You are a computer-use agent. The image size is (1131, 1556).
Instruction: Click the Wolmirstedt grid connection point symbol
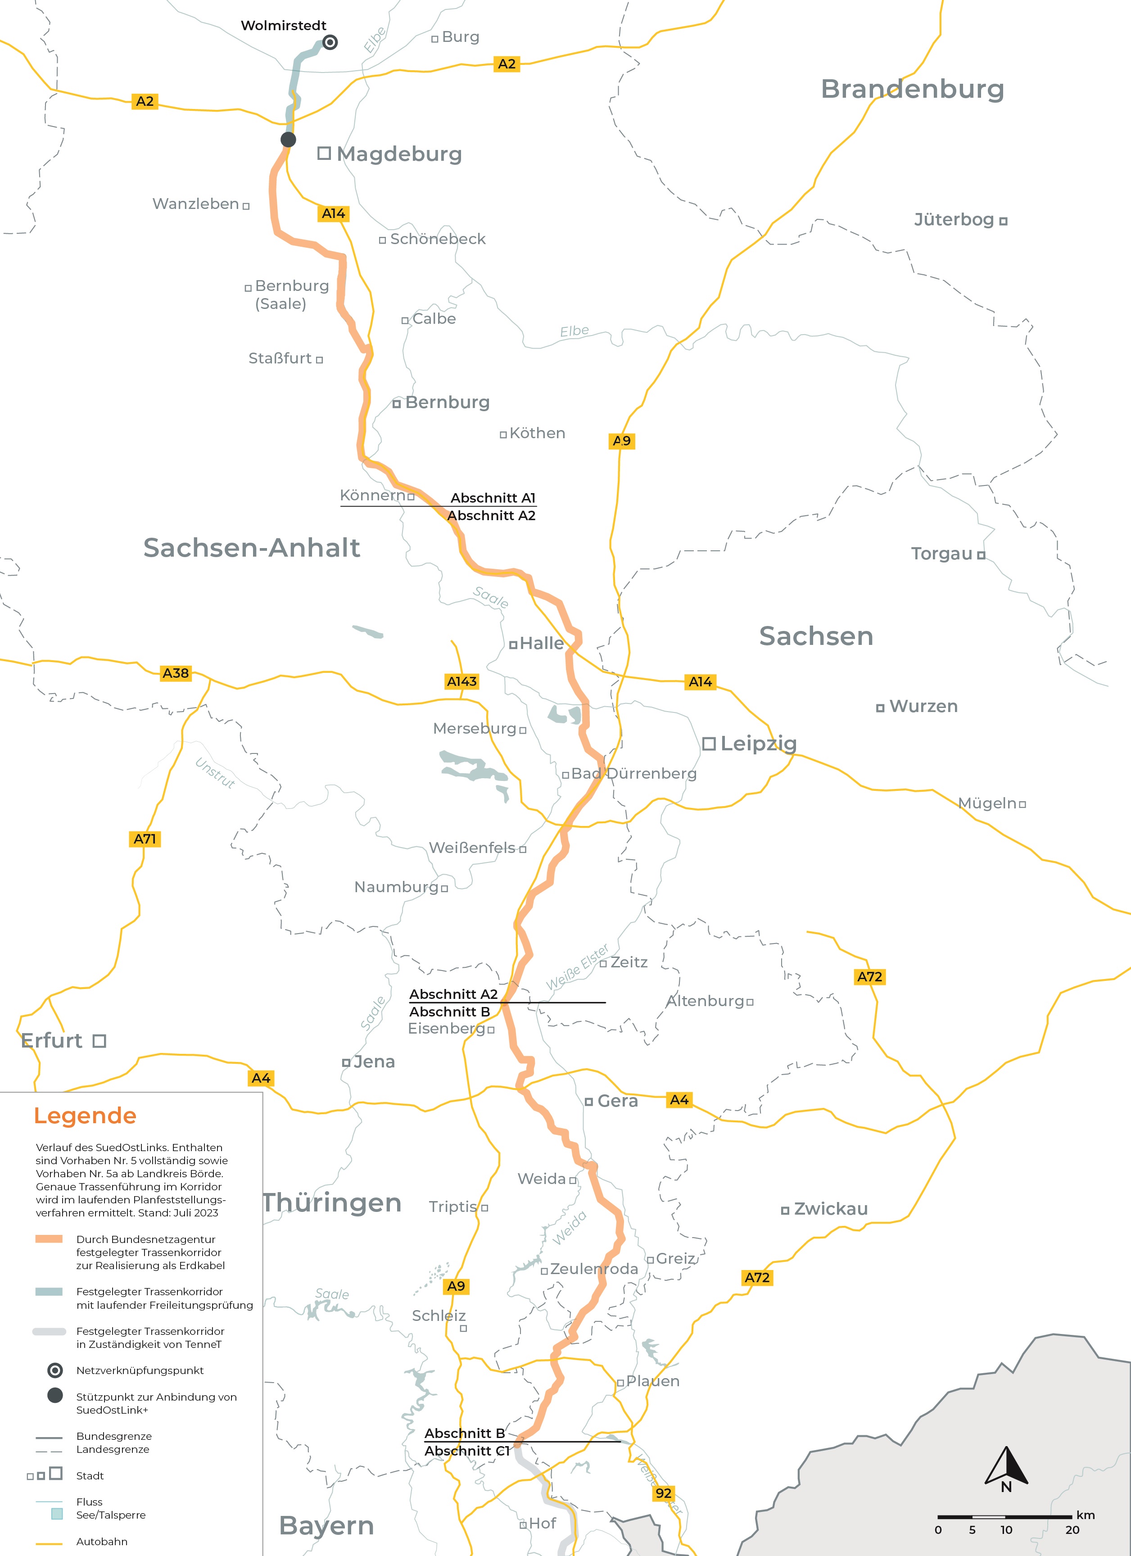pos(330,42)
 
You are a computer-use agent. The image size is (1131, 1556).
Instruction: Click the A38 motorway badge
pos(176,673)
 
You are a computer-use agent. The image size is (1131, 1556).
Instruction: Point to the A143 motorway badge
pos(461,681)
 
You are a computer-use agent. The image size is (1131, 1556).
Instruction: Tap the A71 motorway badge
pos(145,839)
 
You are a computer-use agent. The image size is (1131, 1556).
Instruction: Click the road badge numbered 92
pos(663,1493)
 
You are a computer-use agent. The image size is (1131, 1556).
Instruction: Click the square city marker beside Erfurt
pos(100,1041)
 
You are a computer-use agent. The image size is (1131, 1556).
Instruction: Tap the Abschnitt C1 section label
pos(466,1450)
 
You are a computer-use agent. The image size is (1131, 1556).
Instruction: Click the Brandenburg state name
pos(912,89)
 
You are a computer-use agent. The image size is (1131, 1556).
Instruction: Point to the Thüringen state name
pos(332,1202)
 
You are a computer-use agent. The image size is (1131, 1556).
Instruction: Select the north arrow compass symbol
pos(1006,1467)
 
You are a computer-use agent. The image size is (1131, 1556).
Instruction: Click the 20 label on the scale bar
pos(1072,1529)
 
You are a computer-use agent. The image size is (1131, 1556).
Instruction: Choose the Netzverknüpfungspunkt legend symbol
pos(55,1370)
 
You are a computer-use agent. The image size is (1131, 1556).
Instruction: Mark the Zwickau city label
pos(831,1208)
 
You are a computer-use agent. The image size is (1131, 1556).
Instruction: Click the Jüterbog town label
pos(953,219)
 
